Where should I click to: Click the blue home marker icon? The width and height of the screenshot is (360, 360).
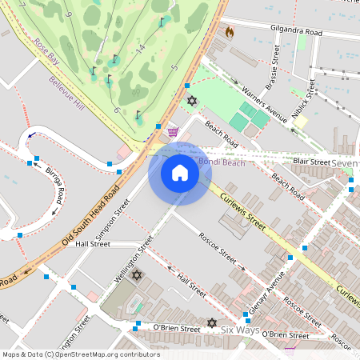point(180,173)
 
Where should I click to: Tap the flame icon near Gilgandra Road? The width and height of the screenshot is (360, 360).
point(230,33)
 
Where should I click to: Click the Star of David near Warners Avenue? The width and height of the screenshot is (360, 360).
point(191,101)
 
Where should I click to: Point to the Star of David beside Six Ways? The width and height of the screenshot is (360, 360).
point(212,323)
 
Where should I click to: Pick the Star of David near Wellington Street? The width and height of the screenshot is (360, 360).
point(137,276)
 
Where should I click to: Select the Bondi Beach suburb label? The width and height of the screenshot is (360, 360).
point(221,162)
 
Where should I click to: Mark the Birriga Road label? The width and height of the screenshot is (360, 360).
point(54,186)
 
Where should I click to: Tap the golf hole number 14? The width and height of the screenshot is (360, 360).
point(140,50)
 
